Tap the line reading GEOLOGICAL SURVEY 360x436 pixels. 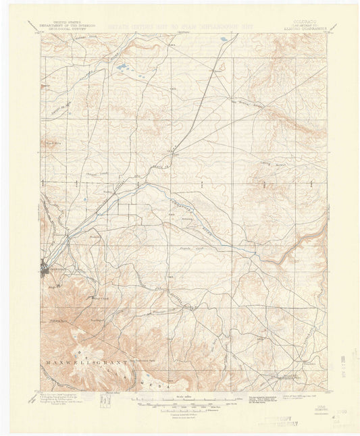pyautogui.click(x=66, y=29)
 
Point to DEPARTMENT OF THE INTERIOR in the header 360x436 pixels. pyautogui.click(x=66, y=25)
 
